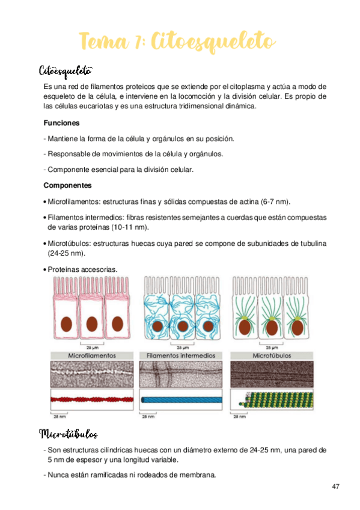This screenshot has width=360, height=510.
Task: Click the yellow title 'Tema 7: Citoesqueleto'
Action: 178,41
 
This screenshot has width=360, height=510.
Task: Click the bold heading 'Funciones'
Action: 61,123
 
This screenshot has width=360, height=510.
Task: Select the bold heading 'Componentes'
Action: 67,185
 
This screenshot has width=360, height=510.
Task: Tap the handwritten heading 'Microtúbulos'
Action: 68,434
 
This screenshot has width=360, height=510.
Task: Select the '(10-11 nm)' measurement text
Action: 130,227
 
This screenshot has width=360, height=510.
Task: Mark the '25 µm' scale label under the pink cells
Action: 93,348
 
